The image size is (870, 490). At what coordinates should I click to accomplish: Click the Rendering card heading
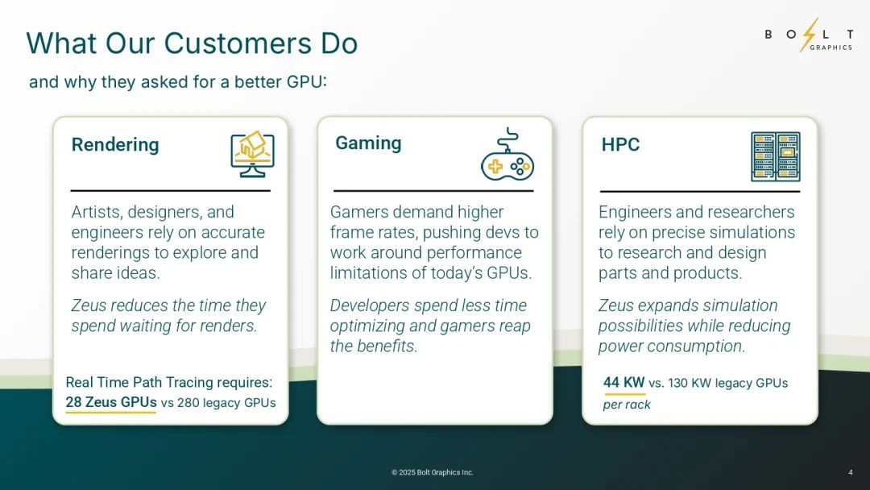click(x=115, y=145)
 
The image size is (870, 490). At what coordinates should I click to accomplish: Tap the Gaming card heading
click(x=368, y=143)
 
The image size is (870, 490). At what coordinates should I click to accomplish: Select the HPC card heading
click(x=620, y=145)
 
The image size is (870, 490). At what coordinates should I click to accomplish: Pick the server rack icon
click(x=775, y=156)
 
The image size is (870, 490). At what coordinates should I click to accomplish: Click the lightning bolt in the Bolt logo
click(x=809, y=35)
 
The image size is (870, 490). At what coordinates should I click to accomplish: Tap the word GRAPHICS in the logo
click(x=831, y=48)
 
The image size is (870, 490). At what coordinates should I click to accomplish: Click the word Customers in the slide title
click(x=237, y=44)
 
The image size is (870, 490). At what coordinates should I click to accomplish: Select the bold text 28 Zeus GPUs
click(x=111, y=402)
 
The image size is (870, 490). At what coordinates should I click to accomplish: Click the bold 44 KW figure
click(x=623, y=382)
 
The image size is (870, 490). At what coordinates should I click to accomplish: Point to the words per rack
click(x=627, y=405)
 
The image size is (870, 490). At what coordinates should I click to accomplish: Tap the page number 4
click(x=851, y=472)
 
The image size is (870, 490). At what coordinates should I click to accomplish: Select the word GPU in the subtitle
click(x=304, y=82)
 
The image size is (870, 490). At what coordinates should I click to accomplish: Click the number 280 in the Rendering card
click(x=188, y=403)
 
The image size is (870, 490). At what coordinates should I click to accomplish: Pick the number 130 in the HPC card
click(x=678, y=383)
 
